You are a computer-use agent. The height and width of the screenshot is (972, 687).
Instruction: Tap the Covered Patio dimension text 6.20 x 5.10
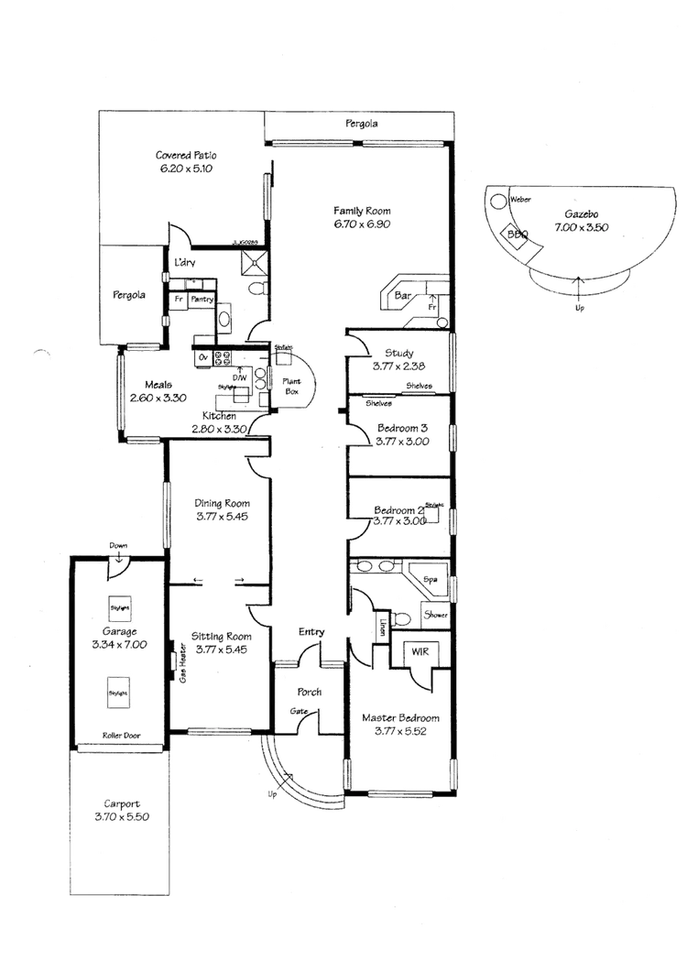(186, 169)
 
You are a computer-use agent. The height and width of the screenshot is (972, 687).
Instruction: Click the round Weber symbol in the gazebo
(497, 199)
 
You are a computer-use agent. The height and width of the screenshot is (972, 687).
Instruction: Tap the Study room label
(400, 353)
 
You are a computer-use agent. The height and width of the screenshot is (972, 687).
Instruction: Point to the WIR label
(418, 650)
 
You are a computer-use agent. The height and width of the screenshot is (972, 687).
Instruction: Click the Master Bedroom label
(402, 717)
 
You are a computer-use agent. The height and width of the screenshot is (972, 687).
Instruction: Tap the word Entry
(311, 632)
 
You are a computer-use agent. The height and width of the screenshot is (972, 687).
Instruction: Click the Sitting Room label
(220, 635)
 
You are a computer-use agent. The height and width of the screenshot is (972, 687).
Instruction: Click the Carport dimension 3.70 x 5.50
(121, 815)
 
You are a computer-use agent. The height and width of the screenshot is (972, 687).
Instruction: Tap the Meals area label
(147, 385)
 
